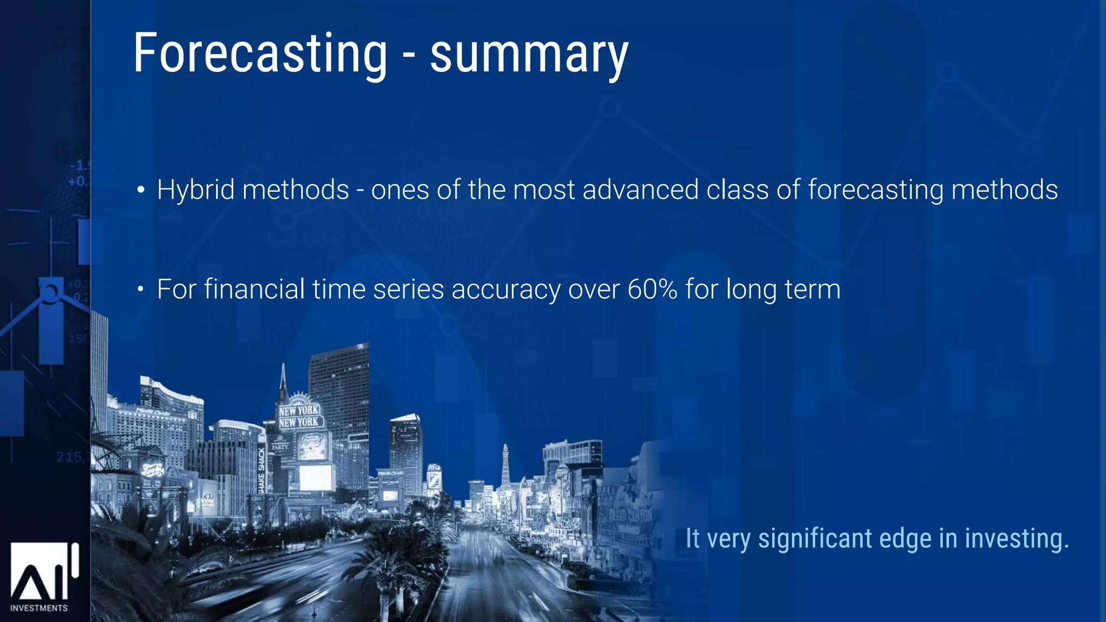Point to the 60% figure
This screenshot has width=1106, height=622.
point(652,289)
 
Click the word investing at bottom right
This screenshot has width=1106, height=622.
point(1017,539)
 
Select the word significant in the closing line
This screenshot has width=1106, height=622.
point(814,539)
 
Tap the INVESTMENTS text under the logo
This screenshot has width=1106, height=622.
point(39,608)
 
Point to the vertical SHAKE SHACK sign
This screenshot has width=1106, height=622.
point(262,470)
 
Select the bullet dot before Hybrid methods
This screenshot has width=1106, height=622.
point(140,190)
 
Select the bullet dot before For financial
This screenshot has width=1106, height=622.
point(140,290)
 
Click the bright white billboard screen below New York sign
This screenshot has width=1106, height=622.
point(315,477)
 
